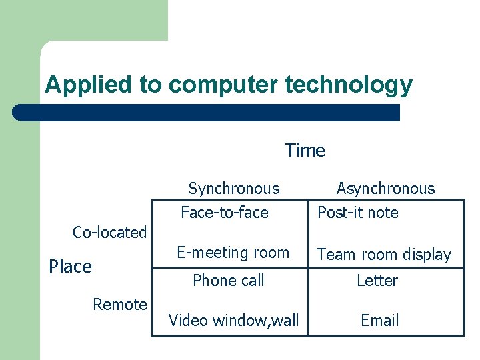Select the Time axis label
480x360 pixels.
coord(305,151)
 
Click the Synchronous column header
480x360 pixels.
coord(234,189)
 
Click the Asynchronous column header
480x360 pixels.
coord(385,189)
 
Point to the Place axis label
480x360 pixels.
coord(71,267)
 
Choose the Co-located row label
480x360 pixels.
coord(109,233)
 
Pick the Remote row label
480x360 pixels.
coord(120,305)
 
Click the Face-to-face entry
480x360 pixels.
coord(225,213)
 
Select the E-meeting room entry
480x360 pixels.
coord(233,253)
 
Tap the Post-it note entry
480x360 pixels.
coord(358,213)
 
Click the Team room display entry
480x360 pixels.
coord(384,255)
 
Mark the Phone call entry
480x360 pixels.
coord(229,281)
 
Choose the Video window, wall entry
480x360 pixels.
coord(234,321)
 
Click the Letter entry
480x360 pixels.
coord(377,281)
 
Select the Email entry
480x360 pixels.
coord(379,321)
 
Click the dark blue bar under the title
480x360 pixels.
coord(207,113)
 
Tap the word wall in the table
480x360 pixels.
coord(285,321)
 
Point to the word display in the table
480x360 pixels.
coord(427,255)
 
